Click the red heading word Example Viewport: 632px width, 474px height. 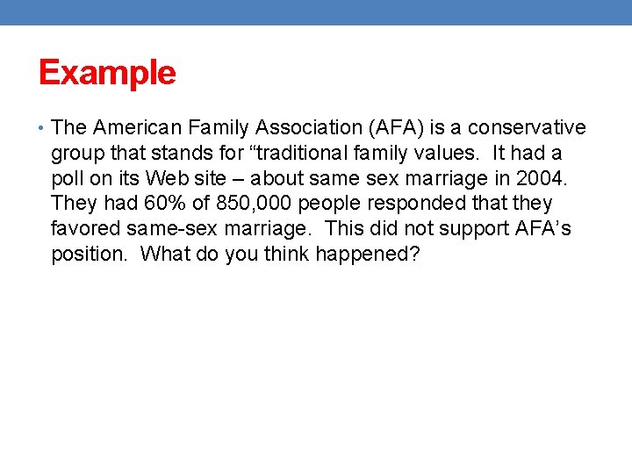click(107, 73)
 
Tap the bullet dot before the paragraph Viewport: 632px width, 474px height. click(42, 128)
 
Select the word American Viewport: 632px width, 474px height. click(131, 128)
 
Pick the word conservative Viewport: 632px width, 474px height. click(527, 128)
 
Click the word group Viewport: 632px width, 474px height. click(76, 154)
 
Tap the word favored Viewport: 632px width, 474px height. click(85, 229)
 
